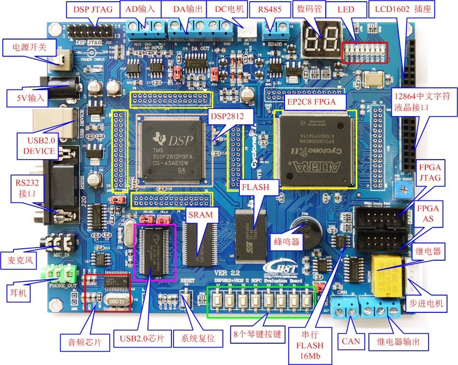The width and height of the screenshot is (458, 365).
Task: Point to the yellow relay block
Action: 387,270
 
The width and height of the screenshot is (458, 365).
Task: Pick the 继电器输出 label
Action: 402,342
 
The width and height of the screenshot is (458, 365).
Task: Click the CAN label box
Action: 349,342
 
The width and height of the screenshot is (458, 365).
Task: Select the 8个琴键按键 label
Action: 257,334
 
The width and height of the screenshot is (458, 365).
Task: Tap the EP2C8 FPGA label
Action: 315,102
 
